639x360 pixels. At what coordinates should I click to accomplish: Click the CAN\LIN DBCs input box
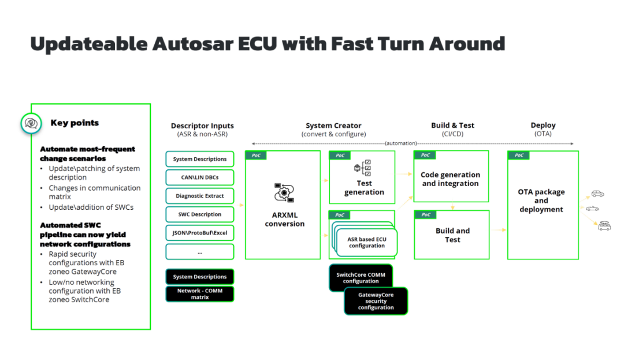pos(200,177)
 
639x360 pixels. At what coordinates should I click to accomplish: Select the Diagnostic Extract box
pos(200,196)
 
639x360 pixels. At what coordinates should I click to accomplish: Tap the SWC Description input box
pos(200,214)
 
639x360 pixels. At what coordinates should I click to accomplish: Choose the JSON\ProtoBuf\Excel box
pos(200,233)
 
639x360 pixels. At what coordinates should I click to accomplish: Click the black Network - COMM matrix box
pos(200,294)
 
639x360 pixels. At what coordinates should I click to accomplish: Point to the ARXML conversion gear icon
pos(284,192)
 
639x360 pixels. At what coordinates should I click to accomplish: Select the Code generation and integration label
pos(450,179)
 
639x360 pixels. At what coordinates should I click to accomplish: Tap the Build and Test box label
pos(452,235)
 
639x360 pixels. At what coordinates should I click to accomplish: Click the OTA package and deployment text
pos(541,201)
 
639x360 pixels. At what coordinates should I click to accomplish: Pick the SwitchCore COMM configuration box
pos(361,278)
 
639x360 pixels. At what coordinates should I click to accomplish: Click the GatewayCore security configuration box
pos(376,301)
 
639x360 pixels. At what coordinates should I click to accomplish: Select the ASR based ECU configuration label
pos(366,242)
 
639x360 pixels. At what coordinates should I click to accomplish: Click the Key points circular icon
pos(30,123)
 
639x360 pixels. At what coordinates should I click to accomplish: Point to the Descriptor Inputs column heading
pos(202,125)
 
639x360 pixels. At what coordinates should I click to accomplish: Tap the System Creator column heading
pos(333,125)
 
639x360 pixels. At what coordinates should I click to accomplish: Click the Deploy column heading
pos(543,125)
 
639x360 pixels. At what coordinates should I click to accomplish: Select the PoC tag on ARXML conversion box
pos(256,155)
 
